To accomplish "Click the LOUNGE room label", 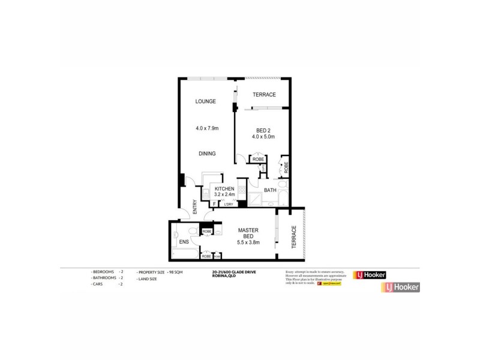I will (x=205, y=101).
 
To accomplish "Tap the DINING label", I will (x=207, y=154).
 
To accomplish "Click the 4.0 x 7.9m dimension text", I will (x=207, y=128).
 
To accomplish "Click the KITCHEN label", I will (x=224, y=189).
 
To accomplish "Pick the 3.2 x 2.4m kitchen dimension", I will (x=224, y=195).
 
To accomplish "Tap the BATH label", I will (x=270, y=191).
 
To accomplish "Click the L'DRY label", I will (x=228, y=205).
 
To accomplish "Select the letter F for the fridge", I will (x=214, y=205).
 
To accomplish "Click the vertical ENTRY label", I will (x=195, y=206).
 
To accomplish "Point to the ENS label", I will (x=184, y=242).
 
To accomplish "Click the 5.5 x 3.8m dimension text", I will (x=248, y=242).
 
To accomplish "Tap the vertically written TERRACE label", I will (x=294, y=238).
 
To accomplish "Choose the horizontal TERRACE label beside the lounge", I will (x=264, y=95).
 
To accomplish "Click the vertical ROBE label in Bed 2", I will (x=286, y=167).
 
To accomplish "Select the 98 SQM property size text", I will (x=170, y=272).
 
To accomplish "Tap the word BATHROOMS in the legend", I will (x=103, y=278).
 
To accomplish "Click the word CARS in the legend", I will (x=98, y=284).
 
